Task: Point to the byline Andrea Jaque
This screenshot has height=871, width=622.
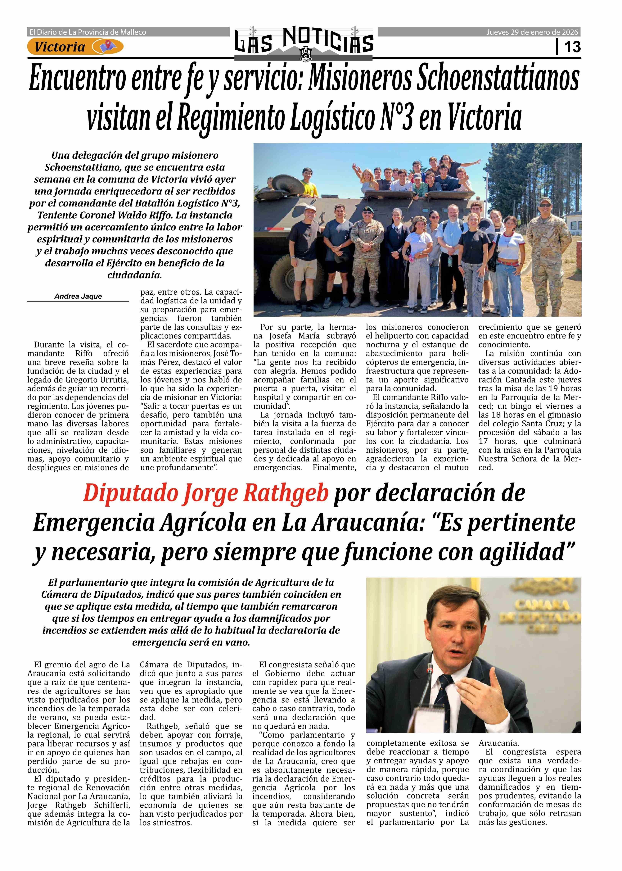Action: [78, 296]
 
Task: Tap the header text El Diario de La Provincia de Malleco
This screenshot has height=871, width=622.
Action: [88, 32]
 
